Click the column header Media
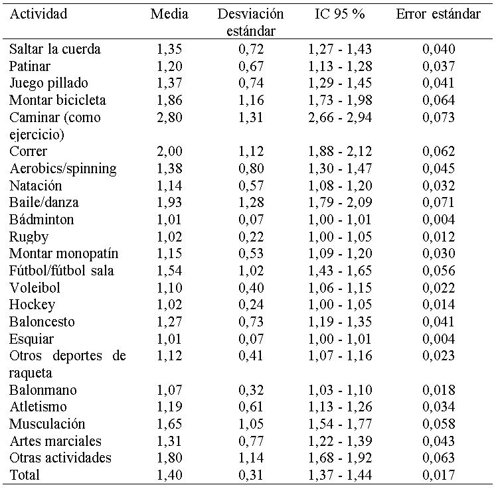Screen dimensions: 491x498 point(169,14)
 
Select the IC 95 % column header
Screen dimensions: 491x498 point(339,14)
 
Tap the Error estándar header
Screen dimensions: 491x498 point(438,14)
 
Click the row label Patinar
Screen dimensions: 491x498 point(30,66)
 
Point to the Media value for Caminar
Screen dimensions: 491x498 point(169,117)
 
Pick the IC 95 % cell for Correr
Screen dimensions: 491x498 point(339,151)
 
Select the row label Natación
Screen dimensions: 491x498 point(35,186)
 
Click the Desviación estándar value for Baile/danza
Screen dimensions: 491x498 point(251,202)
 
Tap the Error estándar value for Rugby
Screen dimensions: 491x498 point(439,237)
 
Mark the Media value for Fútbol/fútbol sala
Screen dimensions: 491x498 point(169,271)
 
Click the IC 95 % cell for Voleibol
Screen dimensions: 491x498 point(339,288)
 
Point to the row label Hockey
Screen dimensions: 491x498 point(32,305)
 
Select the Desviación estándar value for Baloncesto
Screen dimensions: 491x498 point(251,322)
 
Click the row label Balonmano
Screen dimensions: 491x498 point(38,390)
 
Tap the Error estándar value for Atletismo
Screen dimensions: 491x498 point(439,407)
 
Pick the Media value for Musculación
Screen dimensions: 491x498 point(169,424)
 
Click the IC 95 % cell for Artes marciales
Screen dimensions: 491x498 point(339,441)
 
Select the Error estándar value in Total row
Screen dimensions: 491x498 point(439,475)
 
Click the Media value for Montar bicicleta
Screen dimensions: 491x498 point(169,100)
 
